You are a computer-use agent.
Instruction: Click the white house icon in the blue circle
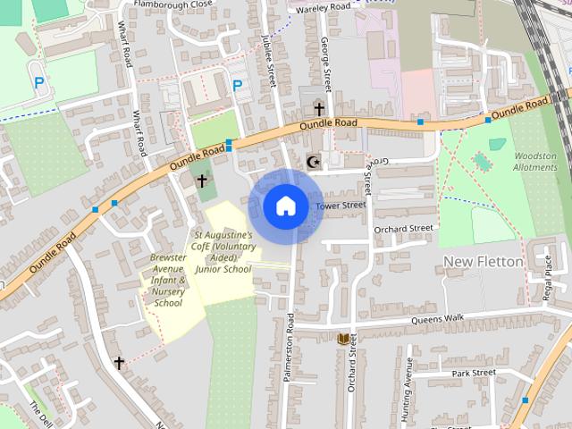click(285, 206)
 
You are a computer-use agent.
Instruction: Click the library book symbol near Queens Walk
click(343, 339)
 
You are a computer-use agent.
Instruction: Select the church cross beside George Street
click(319, 109)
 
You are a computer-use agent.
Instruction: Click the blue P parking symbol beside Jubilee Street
click(238, 86)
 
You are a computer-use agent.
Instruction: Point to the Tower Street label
click(341, 206)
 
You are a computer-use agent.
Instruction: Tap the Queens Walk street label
click(438, 318)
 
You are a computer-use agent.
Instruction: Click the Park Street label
click(473, 373)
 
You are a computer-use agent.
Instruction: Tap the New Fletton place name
click(484, 260)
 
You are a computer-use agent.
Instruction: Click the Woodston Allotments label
click(535, 162)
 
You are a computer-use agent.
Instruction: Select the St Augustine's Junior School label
click(223, 252)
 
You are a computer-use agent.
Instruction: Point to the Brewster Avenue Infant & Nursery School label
click(168, 280)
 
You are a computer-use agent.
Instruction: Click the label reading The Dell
click(41, 413)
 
